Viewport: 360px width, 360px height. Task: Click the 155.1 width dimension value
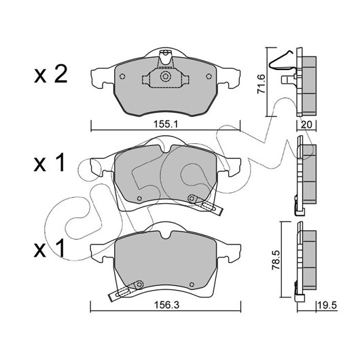click(x=166, y=124)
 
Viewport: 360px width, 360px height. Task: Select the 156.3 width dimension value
click(x=166, y=305)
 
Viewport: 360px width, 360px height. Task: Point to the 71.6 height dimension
click(x=262, y=84)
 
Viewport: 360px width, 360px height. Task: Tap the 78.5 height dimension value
click(x=276, y=260)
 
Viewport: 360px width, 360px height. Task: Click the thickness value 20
click(x=306, y=125)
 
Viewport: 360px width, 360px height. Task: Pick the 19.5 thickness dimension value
click(x=327, y=306)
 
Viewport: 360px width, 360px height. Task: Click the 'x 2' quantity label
click(x=51, y=74)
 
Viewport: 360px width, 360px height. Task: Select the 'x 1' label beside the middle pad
click(x=49, y=163)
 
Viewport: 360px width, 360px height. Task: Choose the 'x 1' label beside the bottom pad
click(x=49, y=248)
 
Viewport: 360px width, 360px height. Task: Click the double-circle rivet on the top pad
click(x=165, y=77)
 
